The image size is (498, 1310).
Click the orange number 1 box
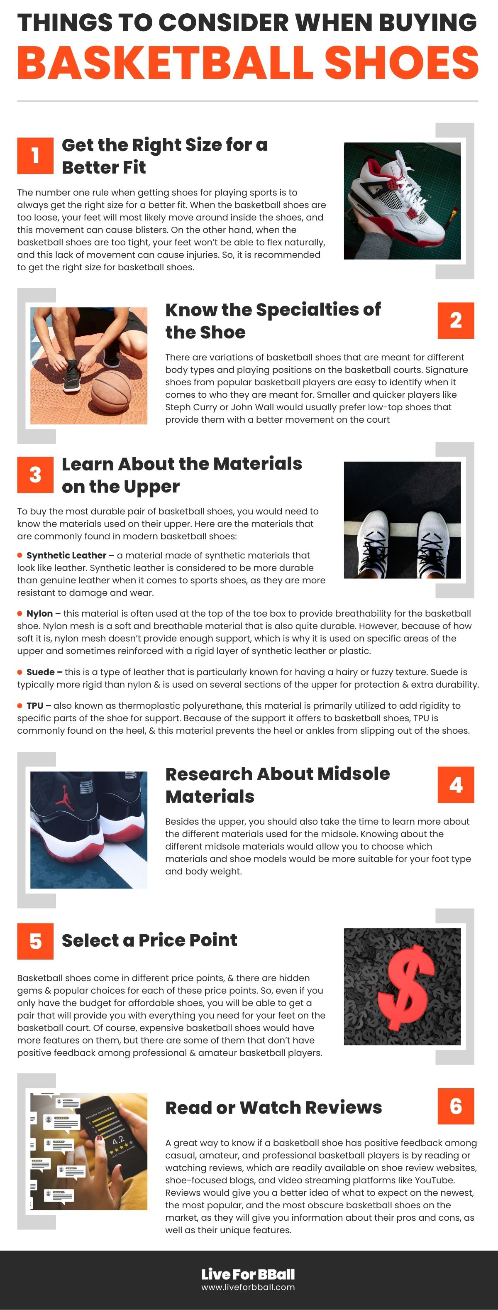[35, 156]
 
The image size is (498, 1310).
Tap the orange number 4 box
[455, 785]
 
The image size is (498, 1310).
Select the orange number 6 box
[455, 1106]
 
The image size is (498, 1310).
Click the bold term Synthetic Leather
[66, 555]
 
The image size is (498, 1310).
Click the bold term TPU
[35, 705]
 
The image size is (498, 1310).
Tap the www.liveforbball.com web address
[248, 1287]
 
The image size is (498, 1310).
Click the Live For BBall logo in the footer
[248, 1274]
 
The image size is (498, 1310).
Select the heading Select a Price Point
[149, 940]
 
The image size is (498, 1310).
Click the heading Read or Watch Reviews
[273, 1107]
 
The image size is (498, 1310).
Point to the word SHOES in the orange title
[401, 63]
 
